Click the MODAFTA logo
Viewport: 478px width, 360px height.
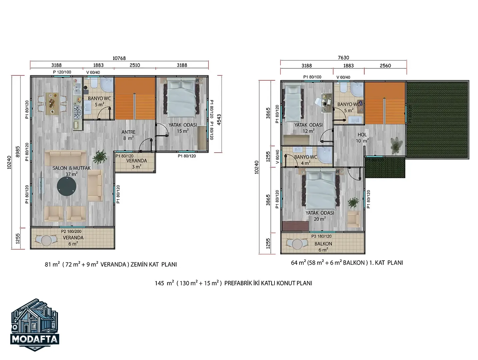[35, 325]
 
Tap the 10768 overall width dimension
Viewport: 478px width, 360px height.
[119, 58]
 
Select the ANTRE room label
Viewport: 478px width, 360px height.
[128, 132]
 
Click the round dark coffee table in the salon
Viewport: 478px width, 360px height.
[67, 186]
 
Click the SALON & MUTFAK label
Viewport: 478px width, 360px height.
[71, 168]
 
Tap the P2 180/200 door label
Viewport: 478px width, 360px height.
[71, 231]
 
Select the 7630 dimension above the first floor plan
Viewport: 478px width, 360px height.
[344, 58]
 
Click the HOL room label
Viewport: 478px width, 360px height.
[362, 135]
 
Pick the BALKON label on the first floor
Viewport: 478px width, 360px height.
[323, 244]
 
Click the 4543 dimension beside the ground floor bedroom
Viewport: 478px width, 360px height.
[219, 120]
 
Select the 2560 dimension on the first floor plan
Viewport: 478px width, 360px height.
[385, 66]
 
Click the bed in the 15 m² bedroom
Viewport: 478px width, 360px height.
[183, 98]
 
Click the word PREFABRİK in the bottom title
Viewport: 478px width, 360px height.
[237, 283]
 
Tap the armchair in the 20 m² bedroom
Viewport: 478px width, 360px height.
[353, 219]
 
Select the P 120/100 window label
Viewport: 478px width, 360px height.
[62, 72]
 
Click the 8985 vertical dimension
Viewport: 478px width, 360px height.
[18, 152]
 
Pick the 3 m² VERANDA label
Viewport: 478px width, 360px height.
[136, 164]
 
